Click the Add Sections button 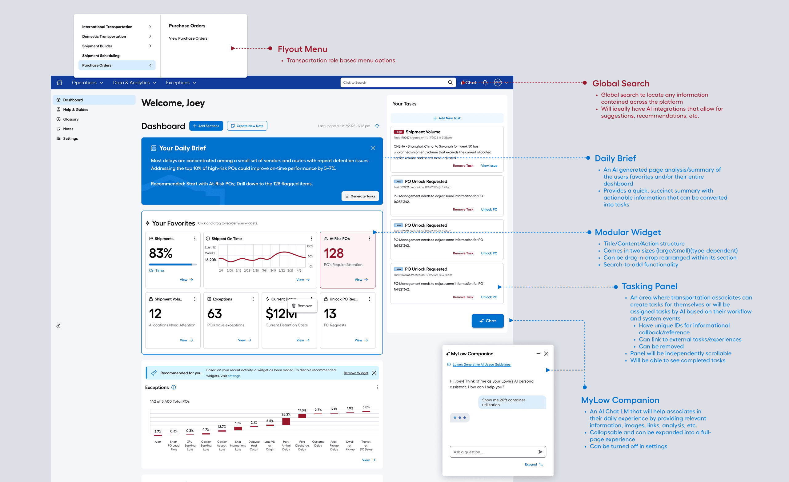coord(206,126)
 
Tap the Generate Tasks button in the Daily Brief coord(360,196)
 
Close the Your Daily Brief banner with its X coord(373,148)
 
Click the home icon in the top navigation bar coord(60,82)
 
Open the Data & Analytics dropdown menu coord(134,82)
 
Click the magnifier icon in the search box coord(450,82)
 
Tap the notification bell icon coord(485,82)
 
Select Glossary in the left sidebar coord(71,119)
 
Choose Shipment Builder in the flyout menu coord(97,46)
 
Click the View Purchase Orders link coord(188,38)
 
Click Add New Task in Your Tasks coord(447,118)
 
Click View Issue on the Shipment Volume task coord(489,166)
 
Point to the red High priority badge coord(398,132)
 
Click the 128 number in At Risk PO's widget coord(334,253)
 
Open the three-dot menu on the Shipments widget coord(195,239)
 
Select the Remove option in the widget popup coord(302,306)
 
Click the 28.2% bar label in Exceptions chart coord(286,414)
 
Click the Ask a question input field coord(493,452)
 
